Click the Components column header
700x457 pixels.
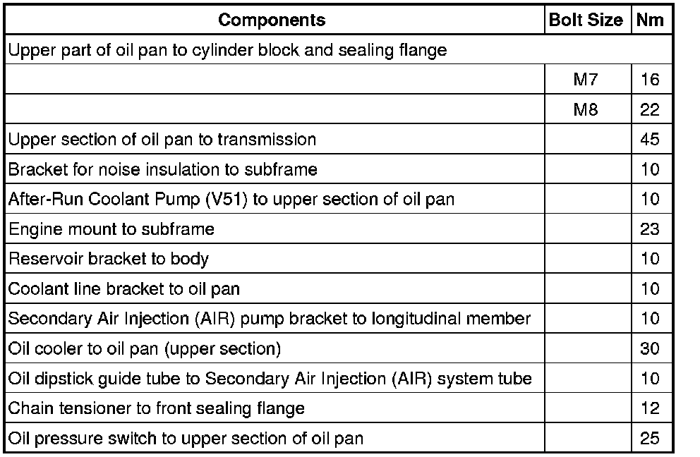272,20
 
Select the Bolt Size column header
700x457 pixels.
586,20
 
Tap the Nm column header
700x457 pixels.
649,20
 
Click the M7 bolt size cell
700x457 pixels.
586,80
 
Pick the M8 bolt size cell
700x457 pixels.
586,110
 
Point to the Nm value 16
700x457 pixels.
650,80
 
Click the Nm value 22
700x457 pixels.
650,110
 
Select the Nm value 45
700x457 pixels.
650,140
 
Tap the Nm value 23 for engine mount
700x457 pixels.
650,229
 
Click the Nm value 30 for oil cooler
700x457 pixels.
650,349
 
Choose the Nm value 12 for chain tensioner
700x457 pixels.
650,408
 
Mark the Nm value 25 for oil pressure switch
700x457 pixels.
650,439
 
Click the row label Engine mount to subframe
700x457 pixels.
111,229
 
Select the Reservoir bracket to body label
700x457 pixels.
109,259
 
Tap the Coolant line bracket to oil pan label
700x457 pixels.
124,289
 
